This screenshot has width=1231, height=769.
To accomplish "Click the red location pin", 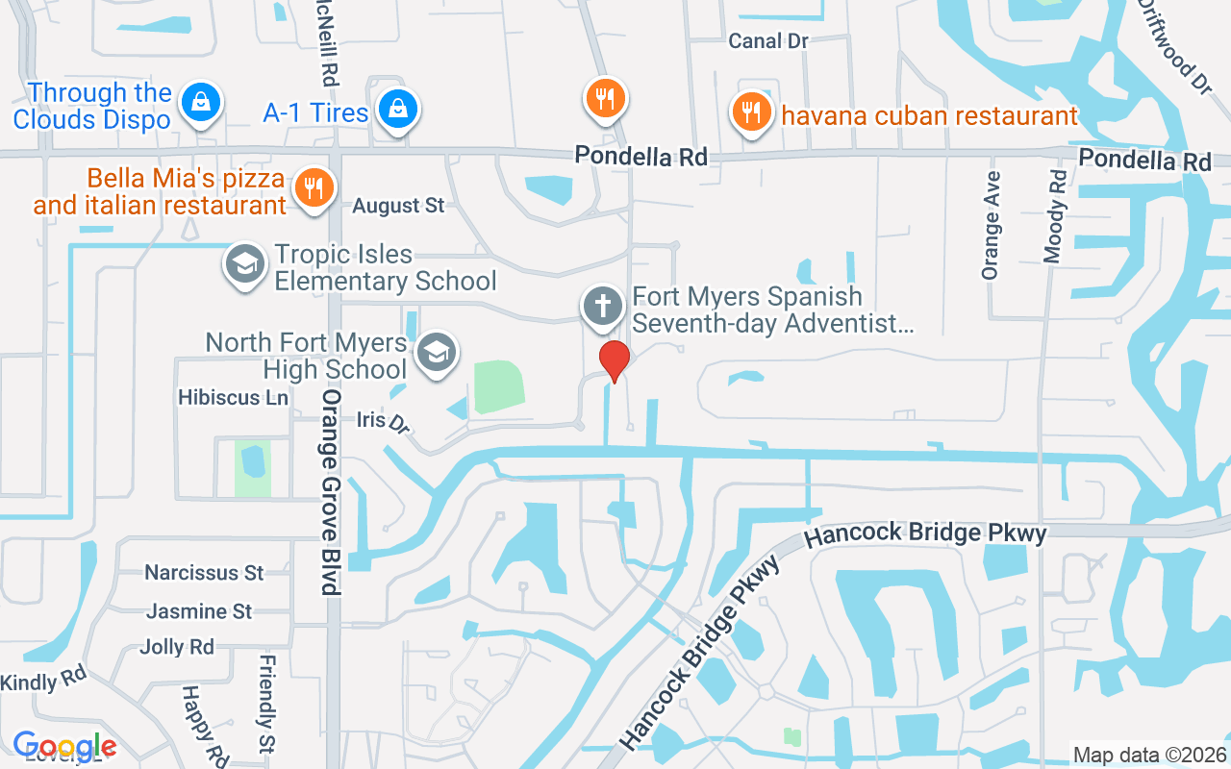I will pos(614,360).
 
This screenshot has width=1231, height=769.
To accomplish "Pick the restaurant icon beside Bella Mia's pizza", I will pos(313,186).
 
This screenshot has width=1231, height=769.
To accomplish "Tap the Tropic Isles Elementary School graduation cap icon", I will pos(244,262).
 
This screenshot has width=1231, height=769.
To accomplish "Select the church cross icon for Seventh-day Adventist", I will pos(603,307).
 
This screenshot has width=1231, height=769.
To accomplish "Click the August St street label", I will pos(398,206).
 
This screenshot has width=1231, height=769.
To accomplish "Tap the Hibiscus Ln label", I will pos(233,397).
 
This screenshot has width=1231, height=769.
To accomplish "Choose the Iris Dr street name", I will pos(383,420).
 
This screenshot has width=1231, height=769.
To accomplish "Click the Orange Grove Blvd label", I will pos(332,491).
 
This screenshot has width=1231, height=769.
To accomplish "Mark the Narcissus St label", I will pos(204,573).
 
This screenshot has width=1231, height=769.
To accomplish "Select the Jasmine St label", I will pos(199,611).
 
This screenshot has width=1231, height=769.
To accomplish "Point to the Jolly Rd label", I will pos(176,647).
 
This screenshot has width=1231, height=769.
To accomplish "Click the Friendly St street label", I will pos(267,705).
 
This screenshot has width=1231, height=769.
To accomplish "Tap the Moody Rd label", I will pos(1055,216).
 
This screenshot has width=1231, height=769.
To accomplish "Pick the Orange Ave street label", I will pos(991,226).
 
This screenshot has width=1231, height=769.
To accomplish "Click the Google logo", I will pos(64,746).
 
